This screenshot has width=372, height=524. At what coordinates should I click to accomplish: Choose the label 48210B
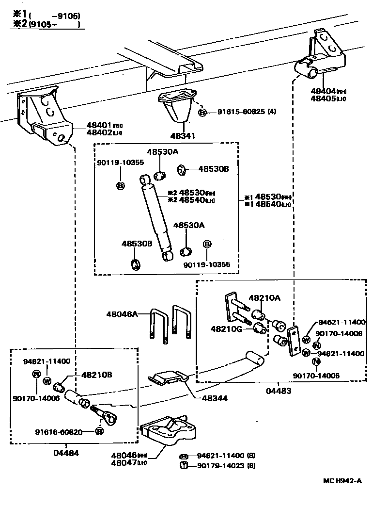point(97,375)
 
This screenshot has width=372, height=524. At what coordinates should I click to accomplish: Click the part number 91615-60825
point(240,112)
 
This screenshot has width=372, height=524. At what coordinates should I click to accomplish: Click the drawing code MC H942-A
point(342,481)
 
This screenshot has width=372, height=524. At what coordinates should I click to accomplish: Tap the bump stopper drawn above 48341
point(179,104)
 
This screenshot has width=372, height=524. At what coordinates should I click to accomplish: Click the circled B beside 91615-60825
point(202,113)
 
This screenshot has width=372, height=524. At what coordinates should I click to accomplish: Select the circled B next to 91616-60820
point(99,431)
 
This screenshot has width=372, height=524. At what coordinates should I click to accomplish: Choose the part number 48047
point(124,463)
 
